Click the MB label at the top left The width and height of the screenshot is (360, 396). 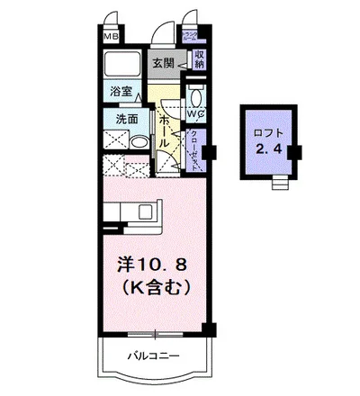(x=109, y=37)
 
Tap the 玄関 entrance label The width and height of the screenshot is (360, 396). (x=163, y=63)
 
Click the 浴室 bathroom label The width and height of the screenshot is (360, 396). (x=121, y=91)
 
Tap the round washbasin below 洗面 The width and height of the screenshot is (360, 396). (x=139, y=141)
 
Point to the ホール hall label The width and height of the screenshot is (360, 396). (x=165, y=130)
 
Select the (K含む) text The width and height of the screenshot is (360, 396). (x=153, y=290)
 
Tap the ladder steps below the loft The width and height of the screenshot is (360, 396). (x=279, y=184)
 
